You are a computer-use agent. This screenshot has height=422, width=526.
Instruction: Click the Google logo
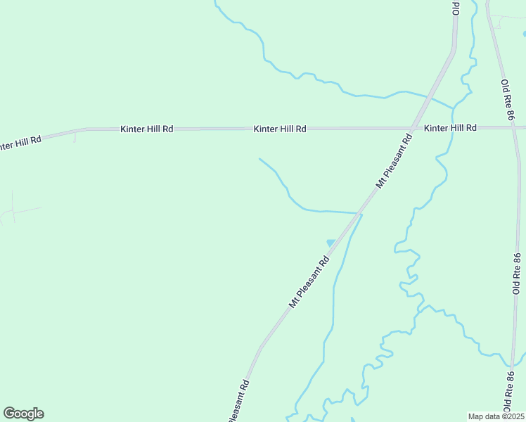click(23, 414)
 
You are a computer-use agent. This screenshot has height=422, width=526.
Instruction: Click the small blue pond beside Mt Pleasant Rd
click(331, 243)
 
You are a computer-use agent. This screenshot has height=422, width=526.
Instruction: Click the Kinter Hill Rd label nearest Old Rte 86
click(451, 128)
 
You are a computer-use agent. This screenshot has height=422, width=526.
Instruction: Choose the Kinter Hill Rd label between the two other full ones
click(281, 129)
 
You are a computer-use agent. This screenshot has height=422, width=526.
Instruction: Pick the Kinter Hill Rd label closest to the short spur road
click(147, 129)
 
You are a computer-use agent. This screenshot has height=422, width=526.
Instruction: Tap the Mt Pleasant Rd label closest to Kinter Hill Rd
click(394, 158)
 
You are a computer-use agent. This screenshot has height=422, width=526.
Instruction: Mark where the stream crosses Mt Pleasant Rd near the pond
click(360, 212)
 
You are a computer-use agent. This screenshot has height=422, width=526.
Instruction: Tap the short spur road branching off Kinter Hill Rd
click(75, 136)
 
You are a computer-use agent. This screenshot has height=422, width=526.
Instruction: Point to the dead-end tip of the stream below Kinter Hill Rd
click(259, 159)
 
